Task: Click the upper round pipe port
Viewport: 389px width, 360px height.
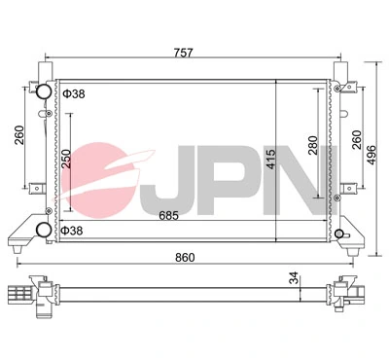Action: tap(44, 93)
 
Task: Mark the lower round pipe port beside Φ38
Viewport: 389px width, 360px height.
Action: tap(44, 230)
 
